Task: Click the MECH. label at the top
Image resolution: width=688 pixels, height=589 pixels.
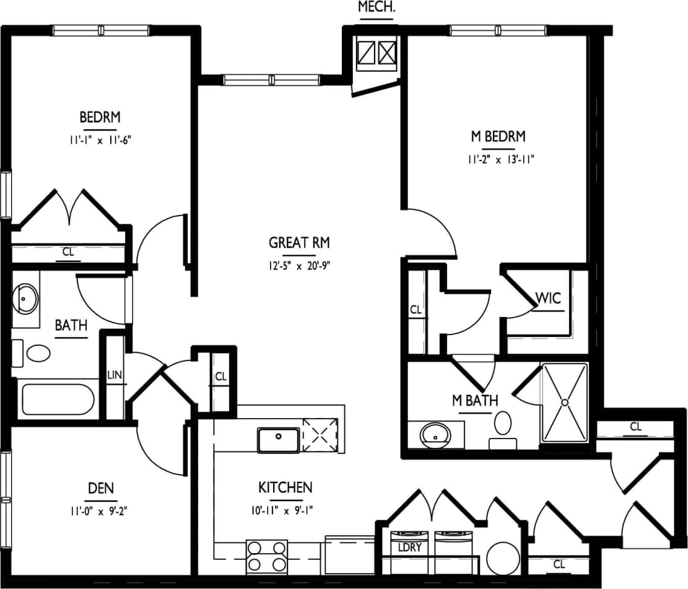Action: pos(376,7)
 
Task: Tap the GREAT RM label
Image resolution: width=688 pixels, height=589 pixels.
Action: pos(299,242)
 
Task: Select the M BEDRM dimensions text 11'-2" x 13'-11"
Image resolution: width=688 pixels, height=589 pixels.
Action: pos(501,159)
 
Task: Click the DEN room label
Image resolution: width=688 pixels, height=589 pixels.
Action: pos(101,488)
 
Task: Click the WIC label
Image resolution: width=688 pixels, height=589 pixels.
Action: pos(548,298)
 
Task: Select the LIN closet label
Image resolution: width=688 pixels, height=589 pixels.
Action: pos(115,375)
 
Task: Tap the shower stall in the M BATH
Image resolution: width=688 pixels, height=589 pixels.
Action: pos(564,402)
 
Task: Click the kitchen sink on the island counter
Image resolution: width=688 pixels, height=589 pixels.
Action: pos(279,439)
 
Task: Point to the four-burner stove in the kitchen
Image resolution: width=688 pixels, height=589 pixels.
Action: pos(268,556)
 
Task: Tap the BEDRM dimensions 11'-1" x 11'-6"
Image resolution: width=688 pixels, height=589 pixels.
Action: pos(100,140)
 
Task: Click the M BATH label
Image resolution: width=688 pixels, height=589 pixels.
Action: pos(474,401)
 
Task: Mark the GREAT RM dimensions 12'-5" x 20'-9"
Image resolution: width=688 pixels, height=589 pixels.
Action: pos(299,267)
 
